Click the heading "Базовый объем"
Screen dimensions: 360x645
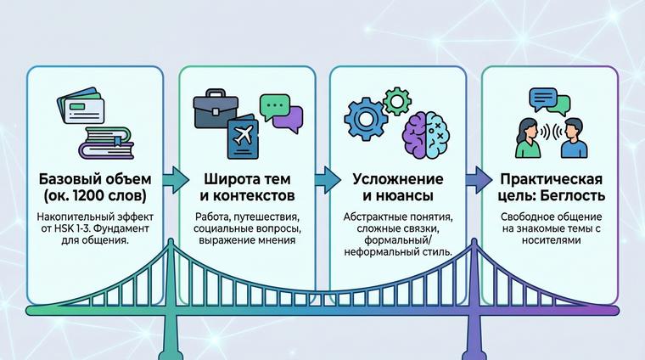point(93,180)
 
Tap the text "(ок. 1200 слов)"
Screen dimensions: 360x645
point(93,197)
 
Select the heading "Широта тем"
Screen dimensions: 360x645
point(246,180)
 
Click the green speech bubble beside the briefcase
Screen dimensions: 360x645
point(273,106)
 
